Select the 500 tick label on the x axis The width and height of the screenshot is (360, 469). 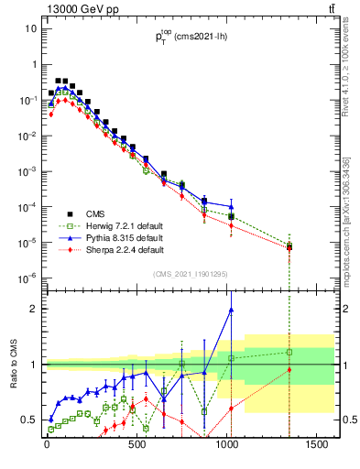[136, 450]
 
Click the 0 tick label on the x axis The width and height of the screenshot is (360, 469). [47, 450]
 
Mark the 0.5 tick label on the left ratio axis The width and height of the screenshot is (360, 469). [31, 420]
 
